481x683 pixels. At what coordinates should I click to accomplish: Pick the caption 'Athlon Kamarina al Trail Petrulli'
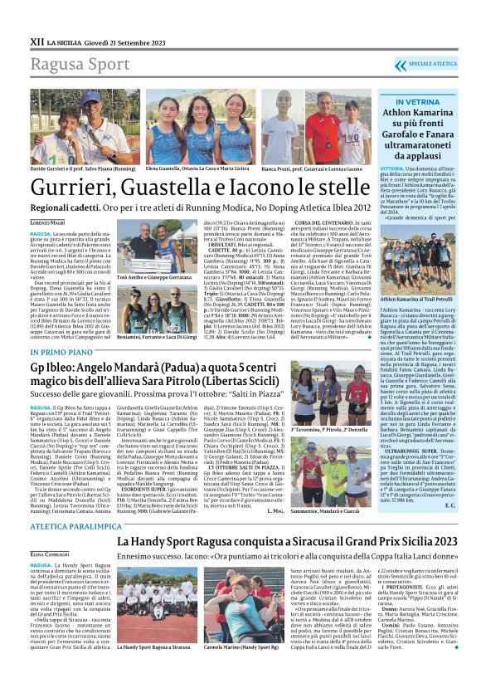point(413,319)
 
